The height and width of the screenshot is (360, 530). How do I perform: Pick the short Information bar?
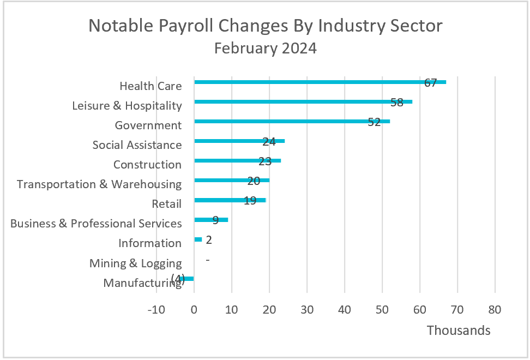(198, 239)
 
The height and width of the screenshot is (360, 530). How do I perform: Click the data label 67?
(431, 83)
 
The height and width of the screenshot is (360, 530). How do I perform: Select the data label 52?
(374, 122)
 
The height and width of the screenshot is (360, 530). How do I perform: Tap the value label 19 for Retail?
(250, 201)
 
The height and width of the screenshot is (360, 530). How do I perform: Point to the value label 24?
(269, 142)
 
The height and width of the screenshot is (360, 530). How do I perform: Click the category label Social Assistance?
(137, 145)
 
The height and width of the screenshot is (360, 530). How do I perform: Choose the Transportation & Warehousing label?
(99, 184)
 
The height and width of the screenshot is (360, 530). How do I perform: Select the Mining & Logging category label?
(135, 263)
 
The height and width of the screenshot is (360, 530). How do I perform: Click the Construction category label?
(147, 165)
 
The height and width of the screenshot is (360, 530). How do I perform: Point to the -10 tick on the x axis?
(156, 310)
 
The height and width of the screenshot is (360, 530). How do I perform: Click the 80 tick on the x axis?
(495, 310)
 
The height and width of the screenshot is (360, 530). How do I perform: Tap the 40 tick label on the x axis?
(345, 310)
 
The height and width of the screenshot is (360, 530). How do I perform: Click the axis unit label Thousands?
(458, 331)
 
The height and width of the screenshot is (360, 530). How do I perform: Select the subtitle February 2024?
(265, 49)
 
